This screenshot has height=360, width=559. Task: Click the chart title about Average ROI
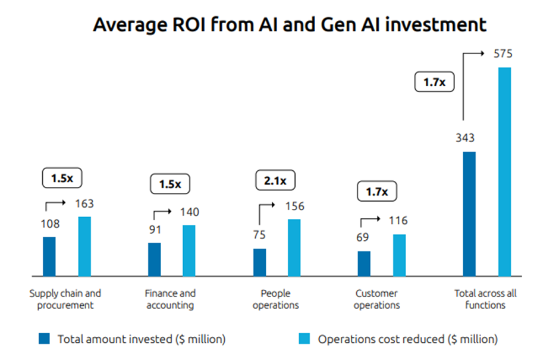point(290,25)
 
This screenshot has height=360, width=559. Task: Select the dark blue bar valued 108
point(49,256)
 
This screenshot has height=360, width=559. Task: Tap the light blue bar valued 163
point(84,246)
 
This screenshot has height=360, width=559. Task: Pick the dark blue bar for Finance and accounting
point(154,259)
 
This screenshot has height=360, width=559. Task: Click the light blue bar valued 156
point(294,248)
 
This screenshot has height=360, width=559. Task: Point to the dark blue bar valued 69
point(364,264)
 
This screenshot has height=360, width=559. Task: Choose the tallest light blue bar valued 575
point(504,172)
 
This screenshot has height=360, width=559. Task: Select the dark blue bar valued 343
point(469,214)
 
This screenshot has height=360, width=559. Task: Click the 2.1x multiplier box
point(275,180)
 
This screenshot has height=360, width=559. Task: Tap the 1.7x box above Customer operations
point(376,192)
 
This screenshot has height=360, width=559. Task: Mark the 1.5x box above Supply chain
point(61,178)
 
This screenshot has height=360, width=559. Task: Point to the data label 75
point(259,235)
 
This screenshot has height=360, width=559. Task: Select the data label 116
point(398,221)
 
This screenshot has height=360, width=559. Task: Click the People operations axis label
point(275,299)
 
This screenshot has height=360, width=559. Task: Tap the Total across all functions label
point(486,299)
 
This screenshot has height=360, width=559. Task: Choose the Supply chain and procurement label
point(65,299)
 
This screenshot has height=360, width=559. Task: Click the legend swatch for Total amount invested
point(45,339)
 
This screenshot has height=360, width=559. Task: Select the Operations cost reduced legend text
point(408,339)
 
